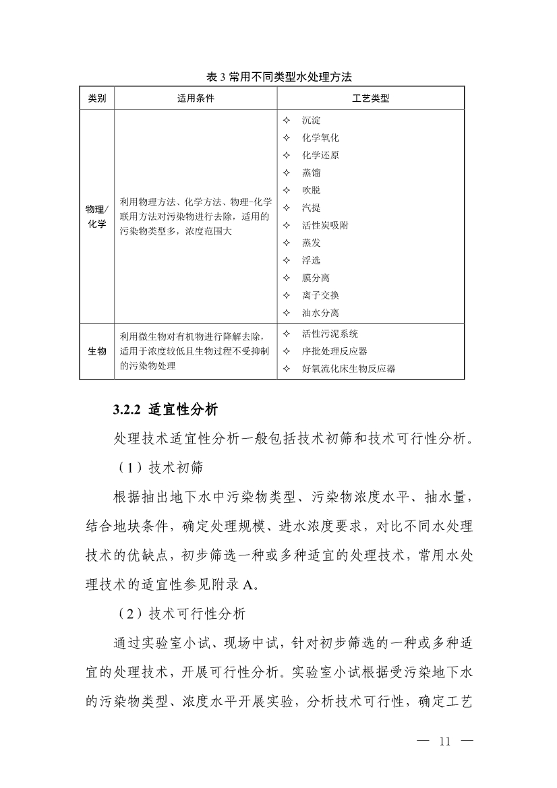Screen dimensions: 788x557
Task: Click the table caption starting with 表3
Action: point(279,78)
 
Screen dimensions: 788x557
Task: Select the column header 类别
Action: point(96,98)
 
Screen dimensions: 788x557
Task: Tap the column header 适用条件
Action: point(196,98)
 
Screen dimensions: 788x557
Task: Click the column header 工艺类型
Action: point(370,98)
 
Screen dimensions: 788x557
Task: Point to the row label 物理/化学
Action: point(96,217)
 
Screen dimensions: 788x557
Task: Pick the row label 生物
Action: point(96,351)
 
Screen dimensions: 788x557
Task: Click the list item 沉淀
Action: point(311,121)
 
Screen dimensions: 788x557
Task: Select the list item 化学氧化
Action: point(320,138)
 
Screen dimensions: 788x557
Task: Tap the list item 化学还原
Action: point(320,156)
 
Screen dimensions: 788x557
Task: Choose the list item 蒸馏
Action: point(311,173)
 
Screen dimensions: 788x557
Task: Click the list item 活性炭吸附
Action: point(325,226)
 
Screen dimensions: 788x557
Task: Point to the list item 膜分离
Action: point(316,278)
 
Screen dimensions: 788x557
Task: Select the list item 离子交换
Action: point(320,295)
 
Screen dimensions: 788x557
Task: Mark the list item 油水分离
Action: point(320,313)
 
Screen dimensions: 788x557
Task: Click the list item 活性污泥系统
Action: point(330,334)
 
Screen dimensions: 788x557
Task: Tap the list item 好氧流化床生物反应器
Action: point(349,369)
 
